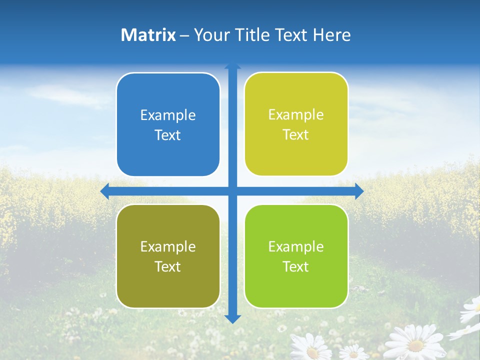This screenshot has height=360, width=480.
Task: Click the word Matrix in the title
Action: tap(148, 35)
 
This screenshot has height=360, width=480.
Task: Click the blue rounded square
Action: tap(168, 124)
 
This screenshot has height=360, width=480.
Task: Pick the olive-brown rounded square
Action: tap(168, 256)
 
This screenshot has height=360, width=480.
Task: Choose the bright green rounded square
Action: tap(296, 256)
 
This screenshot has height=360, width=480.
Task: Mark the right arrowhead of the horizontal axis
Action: tap(359, 191)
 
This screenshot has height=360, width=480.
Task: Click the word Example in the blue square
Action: tap(168, 115)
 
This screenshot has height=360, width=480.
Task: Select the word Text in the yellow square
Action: tap(296, 135)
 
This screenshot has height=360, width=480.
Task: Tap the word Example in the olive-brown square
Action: tap(168, 247)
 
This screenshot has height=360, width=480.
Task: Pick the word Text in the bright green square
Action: tap(296, 267)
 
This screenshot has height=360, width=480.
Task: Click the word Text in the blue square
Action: tap(168, 135)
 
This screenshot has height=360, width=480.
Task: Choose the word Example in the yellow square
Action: tap(296, 115)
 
